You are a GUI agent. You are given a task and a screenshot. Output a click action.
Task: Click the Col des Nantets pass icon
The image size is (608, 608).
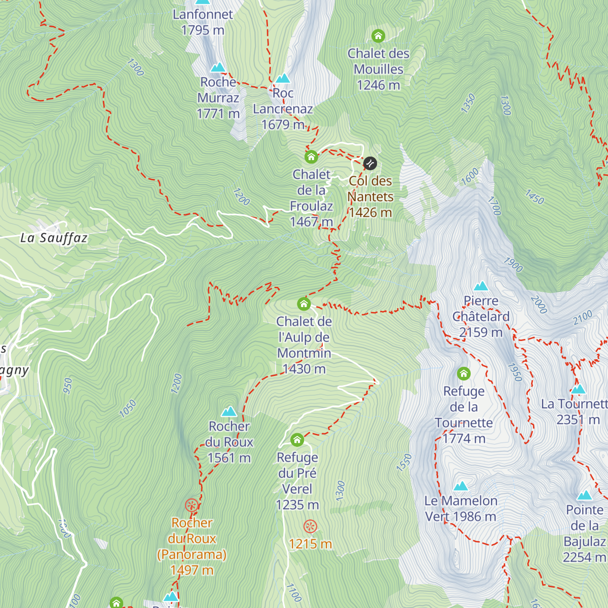(x=370, y=163)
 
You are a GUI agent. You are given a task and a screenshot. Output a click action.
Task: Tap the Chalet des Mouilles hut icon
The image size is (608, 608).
(x=378, y=36)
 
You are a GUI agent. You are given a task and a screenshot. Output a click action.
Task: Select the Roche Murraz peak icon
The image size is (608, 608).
(x=218, y=67)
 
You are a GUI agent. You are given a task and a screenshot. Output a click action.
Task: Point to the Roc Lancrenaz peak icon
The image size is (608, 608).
(x=283, y=79)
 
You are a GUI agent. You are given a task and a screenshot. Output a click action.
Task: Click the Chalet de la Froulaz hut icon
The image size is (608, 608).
(x=311, y=157)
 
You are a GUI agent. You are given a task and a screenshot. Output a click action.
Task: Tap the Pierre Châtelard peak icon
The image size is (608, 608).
(x=480, y=286)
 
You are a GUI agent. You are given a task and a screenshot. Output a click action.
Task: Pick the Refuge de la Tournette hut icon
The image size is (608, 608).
(x=464, y=374)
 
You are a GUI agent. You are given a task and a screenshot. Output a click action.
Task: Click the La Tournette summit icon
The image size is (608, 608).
(x=578, y=389)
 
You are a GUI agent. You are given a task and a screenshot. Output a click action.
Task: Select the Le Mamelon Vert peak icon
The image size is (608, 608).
(x=461, y=486)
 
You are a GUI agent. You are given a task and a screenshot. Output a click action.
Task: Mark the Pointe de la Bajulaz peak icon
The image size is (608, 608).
(x=585, y=495)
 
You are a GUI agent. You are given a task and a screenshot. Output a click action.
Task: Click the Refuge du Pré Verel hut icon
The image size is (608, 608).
(x=297, y=439)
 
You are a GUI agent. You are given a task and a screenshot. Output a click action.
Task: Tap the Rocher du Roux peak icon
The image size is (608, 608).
(x=229, y=411)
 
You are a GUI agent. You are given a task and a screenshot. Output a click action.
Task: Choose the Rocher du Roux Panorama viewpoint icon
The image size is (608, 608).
(x=192, y=505)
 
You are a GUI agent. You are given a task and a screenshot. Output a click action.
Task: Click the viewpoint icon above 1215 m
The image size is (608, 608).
(x=310, y=526)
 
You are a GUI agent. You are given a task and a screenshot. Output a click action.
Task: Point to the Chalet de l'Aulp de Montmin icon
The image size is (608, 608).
(x=303, y=304)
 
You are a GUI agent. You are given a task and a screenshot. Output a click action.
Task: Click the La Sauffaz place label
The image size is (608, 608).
(x=54, y=238)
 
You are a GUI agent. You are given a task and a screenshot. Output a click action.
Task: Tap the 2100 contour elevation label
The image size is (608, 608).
(x=583, y=318)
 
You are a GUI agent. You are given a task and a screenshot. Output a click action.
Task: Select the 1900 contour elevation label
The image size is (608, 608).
(x=513, y=264)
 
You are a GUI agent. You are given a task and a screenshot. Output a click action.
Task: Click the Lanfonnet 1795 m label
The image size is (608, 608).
(x=203, y=22)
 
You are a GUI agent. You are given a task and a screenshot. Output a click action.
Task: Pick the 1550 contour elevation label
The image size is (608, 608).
(x=404, y=463)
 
